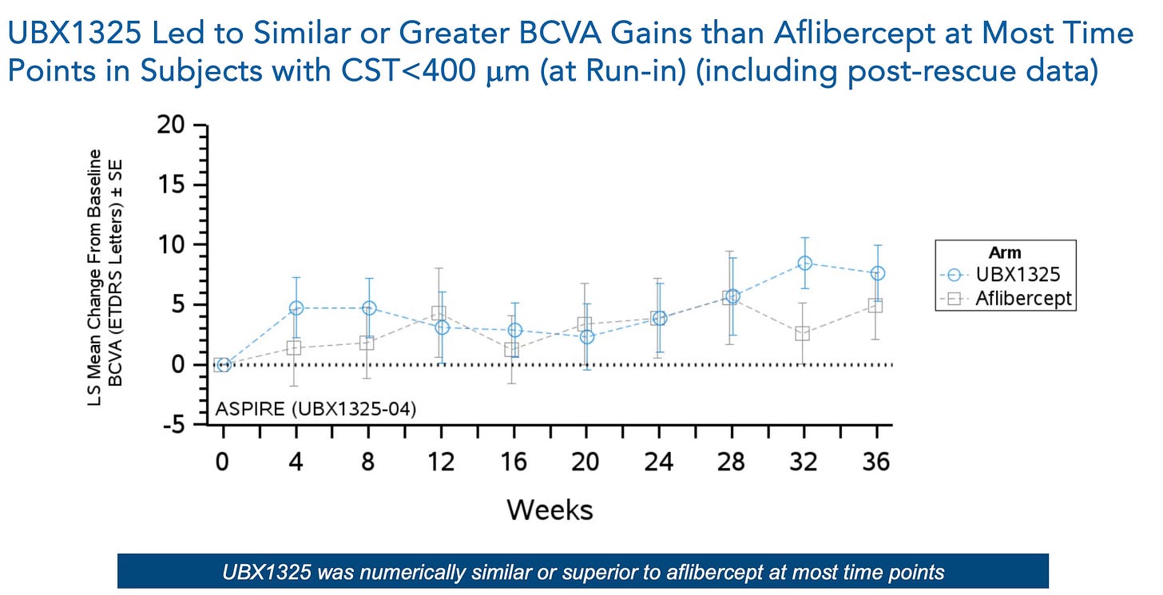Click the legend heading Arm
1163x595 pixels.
1005,253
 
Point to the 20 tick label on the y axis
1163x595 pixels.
171,125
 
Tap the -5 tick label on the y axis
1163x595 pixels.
174,425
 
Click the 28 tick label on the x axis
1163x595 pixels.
731,462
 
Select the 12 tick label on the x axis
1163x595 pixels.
441,462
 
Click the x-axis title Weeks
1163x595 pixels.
550,510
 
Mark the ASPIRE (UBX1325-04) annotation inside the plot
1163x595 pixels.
316,409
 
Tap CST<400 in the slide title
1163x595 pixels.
408,70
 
